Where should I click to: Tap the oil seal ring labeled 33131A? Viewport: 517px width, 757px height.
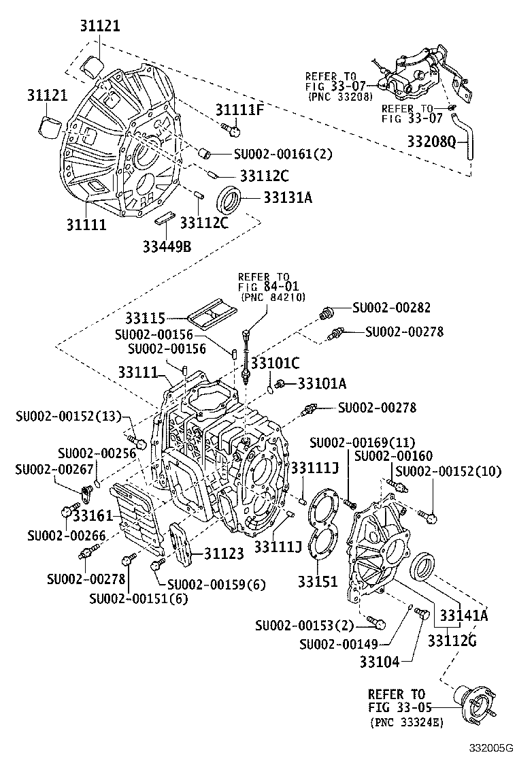point(229,198)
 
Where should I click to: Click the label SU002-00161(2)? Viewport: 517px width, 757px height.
point(282,155)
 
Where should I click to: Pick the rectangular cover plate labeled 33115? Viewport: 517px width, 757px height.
point(212,316)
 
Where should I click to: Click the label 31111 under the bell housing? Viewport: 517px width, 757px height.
point(86,223)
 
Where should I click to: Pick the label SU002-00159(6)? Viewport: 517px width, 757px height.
point(216,584)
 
